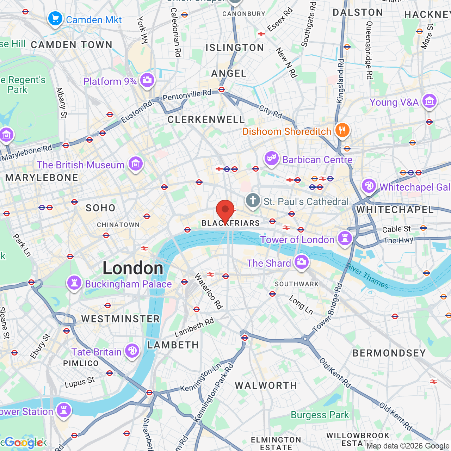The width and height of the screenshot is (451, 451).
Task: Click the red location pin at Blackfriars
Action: (225, 210)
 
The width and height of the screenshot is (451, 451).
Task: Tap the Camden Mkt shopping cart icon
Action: (55, 19)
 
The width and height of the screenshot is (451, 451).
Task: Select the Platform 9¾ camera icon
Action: (147, 80)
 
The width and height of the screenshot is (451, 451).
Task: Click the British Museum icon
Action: (136, 164)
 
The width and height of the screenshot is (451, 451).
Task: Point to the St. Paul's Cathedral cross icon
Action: (253, 200)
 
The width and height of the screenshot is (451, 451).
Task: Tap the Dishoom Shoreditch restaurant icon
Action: (342, 130)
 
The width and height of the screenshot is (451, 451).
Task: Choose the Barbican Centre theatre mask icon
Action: (271, 159)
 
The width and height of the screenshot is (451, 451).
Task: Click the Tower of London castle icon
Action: (345, 239)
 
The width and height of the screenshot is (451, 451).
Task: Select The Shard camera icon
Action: (301, 262)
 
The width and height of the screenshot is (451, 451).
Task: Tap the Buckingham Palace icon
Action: (74, 283)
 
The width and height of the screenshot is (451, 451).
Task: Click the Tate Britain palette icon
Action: (132, 351)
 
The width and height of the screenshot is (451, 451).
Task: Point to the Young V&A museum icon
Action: (429, 101)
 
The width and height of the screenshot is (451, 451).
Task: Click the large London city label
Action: (133, 268)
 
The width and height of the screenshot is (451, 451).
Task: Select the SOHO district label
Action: (100, 208)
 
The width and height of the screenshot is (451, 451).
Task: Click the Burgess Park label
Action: (320, 415)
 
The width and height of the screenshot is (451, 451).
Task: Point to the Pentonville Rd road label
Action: (187, 95)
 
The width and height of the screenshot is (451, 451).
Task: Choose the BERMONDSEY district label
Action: (389, 353)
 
